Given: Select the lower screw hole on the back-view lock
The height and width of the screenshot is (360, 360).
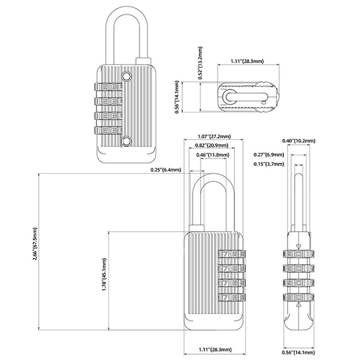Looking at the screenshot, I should coord(127,140).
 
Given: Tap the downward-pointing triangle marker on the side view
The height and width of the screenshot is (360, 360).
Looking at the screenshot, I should coord(298,247).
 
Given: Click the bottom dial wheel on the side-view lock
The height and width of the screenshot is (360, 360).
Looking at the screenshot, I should coord(298,296).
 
